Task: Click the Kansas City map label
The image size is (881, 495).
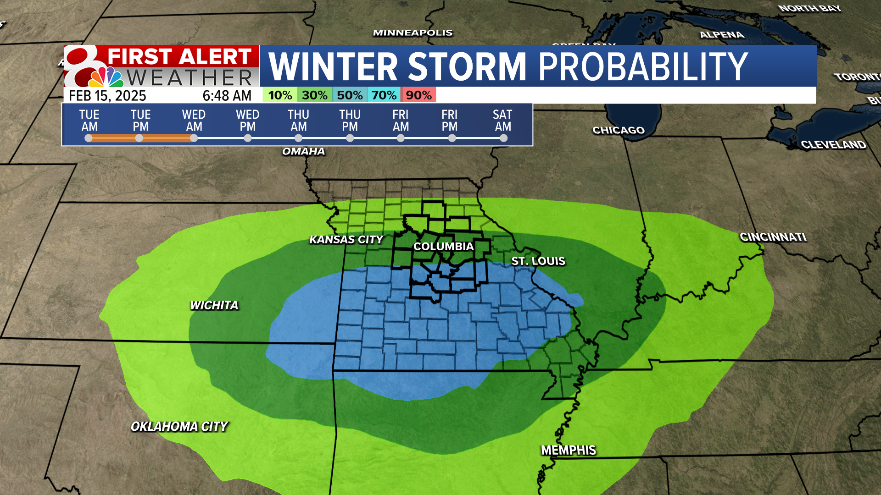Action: (x=346, y=239)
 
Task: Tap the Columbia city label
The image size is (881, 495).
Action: (x=443, y=246)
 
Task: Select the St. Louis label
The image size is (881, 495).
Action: (x=538, y=261)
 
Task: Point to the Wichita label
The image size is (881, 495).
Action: (x=214, y=305)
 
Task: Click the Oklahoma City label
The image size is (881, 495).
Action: (x=179, y=426)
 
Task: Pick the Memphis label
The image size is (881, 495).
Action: (x=569, y=450)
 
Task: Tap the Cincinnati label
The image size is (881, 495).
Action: (x=773, y=237)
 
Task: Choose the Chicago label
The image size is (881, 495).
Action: (x=619, y=130)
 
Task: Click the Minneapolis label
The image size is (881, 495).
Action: (x=413, y=33)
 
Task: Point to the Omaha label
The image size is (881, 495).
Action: (x=303, y=151)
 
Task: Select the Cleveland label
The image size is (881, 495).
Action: (x=833, y=144)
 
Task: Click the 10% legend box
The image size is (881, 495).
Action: (x=280, y=95)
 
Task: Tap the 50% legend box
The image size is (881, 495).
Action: (x=350, y=95)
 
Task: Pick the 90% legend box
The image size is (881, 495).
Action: (x=418, y=95)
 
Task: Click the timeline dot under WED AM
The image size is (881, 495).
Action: (x=194, y=138)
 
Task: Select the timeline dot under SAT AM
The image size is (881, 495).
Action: (x=503, y=138)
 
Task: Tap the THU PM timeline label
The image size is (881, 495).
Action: (x=350, y=120)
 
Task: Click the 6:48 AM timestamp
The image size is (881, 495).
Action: (x=227, y=95)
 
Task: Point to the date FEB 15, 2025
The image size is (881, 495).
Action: (x=107, y=95)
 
